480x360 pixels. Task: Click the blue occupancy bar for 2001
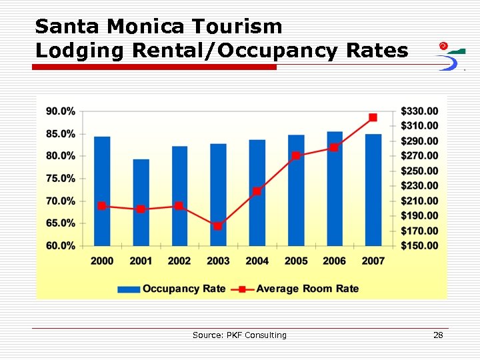point(141,203)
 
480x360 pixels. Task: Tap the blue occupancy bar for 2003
point(218,195)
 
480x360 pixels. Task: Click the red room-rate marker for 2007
point(373,117)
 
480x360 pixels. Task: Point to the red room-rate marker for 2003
point(218,226)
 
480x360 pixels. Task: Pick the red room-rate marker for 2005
point(296,156)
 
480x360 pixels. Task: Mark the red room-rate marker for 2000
point(102,206)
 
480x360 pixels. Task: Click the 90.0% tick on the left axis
point(61,111)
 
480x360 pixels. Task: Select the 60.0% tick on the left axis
point(61,246)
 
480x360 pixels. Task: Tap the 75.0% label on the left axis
point(61,179)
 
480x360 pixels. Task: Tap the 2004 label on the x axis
point(257,261)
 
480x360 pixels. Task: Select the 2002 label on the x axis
point(179,261)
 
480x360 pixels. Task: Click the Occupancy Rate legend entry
point(172,289)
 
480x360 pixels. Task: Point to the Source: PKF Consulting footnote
point(239,335)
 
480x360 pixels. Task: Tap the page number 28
point(438,335)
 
